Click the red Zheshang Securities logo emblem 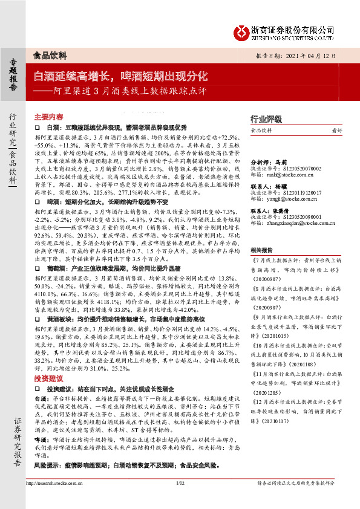243,30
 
